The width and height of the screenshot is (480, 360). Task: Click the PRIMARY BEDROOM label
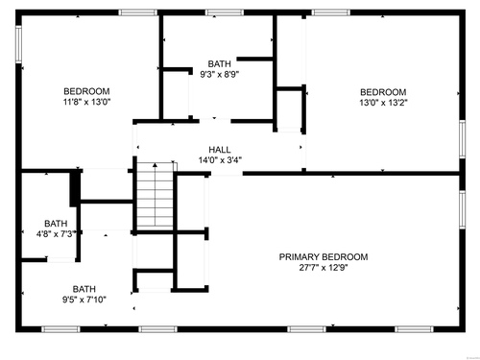(324, 257)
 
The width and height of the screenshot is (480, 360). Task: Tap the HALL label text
(220, 150)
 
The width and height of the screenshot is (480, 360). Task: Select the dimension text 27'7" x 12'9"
(324, 268)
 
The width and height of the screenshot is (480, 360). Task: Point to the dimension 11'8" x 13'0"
(86, 102)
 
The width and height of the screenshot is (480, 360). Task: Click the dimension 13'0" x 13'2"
(383, 103)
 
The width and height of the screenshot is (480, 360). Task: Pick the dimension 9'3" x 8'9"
(220, 75)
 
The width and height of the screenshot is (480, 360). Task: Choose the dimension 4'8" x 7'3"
(56, 234)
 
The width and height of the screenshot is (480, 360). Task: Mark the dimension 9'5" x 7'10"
(84, 300)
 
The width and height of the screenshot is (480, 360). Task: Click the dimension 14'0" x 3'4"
(220, 160)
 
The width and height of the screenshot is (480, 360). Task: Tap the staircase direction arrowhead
(155, 165)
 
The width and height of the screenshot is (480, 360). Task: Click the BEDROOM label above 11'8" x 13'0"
(86, 91)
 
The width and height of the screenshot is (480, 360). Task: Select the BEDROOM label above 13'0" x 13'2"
(383, 92)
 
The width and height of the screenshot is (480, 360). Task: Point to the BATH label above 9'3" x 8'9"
(220, 63)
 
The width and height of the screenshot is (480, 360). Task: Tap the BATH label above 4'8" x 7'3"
(56, 224)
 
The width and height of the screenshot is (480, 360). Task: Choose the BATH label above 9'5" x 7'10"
(84, 289)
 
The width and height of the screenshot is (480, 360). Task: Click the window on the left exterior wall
(18, 44)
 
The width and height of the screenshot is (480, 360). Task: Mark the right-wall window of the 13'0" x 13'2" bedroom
(463, 139)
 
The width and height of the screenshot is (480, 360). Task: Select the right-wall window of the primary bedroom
(463, 209)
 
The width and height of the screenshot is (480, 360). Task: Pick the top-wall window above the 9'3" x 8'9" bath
(225, 12)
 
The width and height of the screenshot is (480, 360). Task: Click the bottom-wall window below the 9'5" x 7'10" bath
(60, 329)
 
